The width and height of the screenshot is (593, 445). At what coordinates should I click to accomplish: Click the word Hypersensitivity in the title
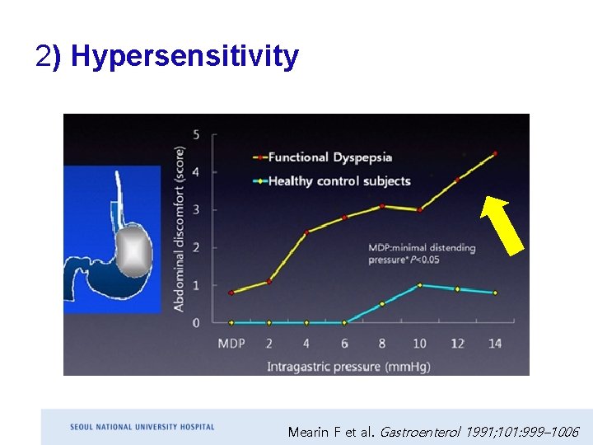point(184,56)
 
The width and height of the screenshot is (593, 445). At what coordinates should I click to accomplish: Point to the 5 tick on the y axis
point(196,135)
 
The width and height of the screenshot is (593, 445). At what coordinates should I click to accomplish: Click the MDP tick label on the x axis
point(231,343)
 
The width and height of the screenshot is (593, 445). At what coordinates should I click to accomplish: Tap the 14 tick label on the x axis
point(495,343)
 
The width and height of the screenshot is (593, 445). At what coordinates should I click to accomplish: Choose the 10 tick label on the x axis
point(419,343)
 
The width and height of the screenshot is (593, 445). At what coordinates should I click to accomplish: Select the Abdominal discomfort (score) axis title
point(179,229)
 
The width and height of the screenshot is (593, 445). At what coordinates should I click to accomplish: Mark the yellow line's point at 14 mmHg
point(495,153)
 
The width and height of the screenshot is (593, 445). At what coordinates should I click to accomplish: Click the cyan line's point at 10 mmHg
point(419,285)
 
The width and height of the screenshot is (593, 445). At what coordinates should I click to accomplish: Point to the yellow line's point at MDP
point(231,293)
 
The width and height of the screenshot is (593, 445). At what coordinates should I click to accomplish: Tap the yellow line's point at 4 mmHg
point(306,233)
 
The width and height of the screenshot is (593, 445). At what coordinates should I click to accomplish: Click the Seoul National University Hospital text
point(142,427)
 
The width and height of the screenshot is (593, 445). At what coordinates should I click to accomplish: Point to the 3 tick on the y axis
point(196,210)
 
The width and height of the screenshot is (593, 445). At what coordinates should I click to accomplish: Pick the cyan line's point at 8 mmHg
point(382,304)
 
